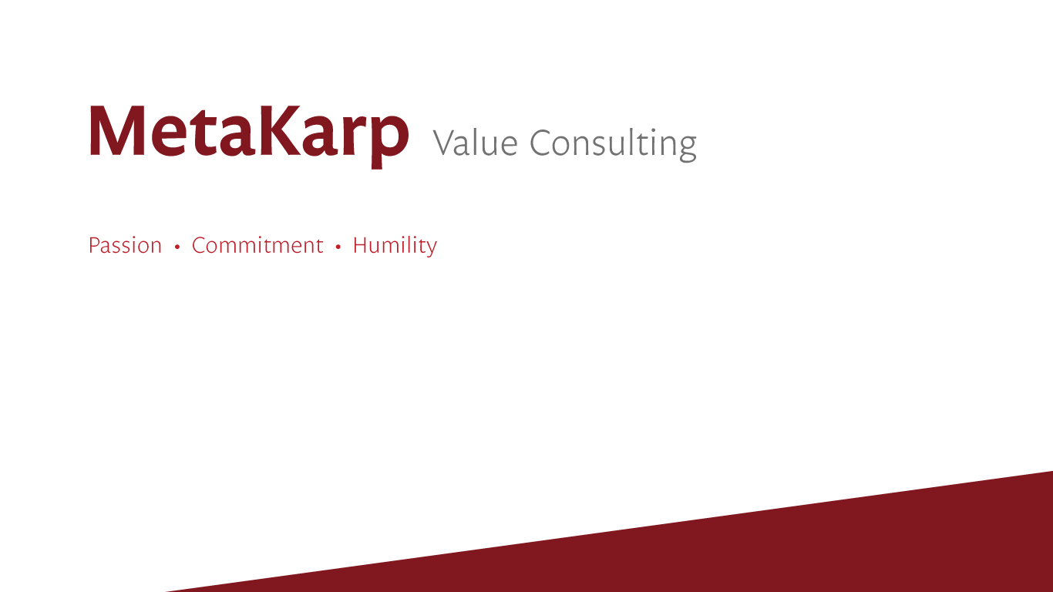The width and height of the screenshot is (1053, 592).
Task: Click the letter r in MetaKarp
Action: pyautogui.click(x=355, y=136)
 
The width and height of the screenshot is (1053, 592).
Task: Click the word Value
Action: pyautogui.click(x=476, y=142)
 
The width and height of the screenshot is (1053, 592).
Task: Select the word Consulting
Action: pyautogui.click(x=613, y=144)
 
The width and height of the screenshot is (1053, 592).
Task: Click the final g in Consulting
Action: pyautogui.click(x=687, y=148)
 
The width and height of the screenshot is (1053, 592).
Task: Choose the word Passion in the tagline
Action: pyautogui.click(x=125, y=245)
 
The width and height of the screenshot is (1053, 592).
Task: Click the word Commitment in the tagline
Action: pyautogui.click(x=257, y=245)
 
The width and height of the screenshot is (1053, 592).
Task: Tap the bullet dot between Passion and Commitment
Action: pyautogui.click(x=177, y=247)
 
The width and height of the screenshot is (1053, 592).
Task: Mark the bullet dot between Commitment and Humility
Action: pyautogui.click(x=338, y=247)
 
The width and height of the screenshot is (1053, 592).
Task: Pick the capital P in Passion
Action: pyautogui.click(x=95, y=245)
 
